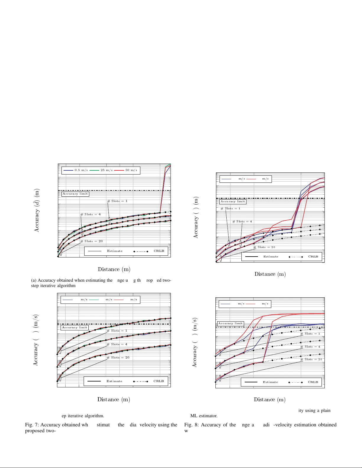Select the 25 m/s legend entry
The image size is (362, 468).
click(106, 170)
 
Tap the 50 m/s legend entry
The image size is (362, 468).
click(131, 170)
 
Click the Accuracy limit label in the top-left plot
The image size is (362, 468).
click(75, 194)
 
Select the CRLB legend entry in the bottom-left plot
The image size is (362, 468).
click(159, 381)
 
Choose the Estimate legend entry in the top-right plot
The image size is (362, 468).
click(271, 257)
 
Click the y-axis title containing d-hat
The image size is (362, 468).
click(37, 211)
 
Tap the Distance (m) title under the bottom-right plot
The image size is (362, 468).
click(270, 399)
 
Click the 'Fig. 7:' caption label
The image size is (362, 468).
click(32, 425)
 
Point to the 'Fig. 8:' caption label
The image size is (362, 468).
click(191, 425)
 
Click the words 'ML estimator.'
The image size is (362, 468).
click(204, 416)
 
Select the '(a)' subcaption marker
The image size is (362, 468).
click(34, 280)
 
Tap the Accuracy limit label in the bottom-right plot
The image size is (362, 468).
click(230, 324)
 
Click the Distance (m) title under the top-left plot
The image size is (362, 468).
click(114, 269)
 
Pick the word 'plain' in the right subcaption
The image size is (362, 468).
click(326, 410)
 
